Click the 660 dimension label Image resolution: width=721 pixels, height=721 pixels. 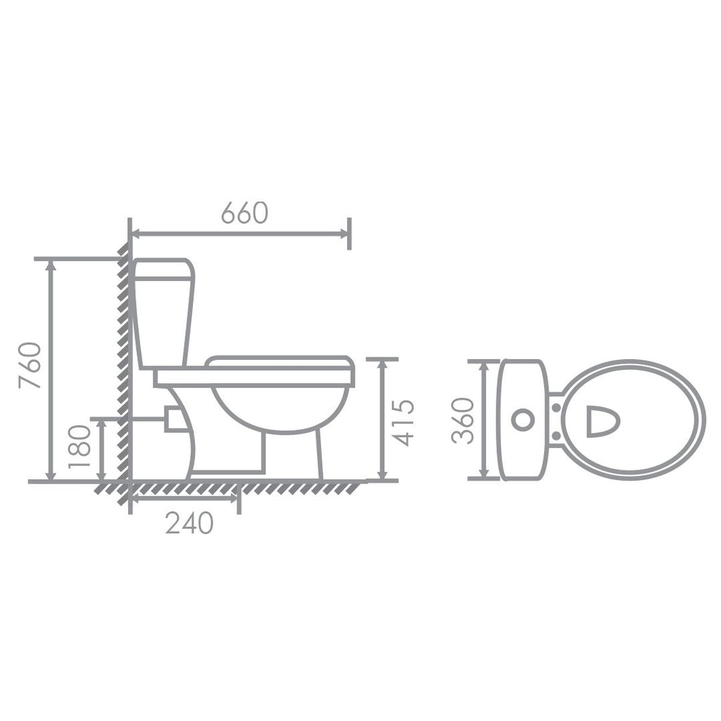tap(244, 213)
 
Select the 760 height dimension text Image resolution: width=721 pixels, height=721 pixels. tap(31, 366)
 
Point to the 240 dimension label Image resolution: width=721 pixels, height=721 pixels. tap(189, 523)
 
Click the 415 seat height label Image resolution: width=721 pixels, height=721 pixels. tap(403, 422)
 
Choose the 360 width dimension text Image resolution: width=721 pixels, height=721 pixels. tap(463, 420)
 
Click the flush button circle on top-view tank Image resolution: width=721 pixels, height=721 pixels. tap(522, 420)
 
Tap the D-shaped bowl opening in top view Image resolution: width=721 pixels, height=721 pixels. tap(602, 420)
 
